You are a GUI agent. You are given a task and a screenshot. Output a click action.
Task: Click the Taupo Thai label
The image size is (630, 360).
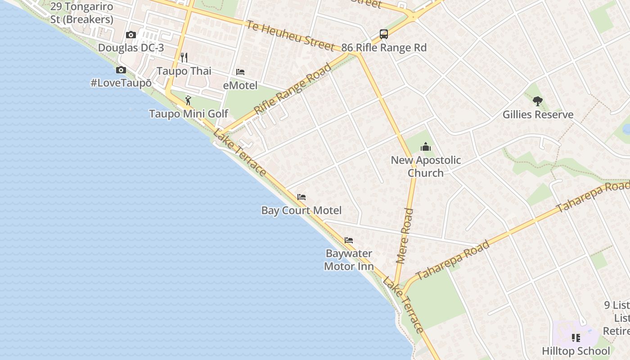click(184, 71)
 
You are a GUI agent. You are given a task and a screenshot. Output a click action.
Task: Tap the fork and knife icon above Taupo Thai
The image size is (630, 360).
click(184, 57)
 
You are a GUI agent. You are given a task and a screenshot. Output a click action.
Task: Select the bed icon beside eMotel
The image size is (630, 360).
click(240, 72)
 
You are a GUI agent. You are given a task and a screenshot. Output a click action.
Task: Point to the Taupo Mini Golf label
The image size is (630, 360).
click(189, 114)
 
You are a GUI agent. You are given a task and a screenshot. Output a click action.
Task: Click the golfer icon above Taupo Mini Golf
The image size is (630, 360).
click(188, 100)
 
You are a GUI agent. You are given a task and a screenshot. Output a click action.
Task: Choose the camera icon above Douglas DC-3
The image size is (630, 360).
click(131, 35)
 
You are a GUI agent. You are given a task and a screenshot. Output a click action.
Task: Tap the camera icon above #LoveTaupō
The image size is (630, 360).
click(121, 70)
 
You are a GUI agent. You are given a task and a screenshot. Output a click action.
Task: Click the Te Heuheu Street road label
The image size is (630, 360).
click(290, 35)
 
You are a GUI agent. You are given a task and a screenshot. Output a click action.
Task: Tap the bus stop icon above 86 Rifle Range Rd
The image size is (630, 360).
click(383, 34)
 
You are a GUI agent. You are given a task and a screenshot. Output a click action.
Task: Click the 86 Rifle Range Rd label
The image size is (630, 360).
click(384, 48)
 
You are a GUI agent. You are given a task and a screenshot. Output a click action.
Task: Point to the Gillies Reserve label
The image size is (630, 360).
click(538, 115)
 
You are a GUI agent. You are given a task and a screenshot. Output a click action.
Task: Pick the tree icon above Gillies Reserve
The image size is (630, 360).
click(537, 101)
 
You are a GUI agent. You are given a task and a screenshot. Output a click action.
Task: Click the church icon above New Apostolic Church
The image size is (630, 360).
click(425, 147)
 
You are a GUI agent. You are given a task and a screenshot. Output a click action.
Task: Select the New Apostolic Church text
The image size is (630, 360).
click(426, 166)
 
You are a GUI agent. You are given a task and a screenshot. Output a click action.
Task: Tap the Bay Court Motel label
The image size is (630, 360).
click(301, 210)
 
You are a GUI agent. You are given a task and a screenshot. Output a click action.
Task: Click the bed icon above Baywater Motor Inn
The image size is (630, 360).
click(349, 240)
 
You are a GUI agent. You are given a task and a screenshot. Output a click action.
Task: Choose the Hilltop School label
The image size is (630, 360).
click(576, 351)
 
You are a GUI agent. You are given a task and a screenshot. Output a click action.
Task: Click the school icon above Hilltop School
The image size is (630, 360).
click(576, 337)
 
